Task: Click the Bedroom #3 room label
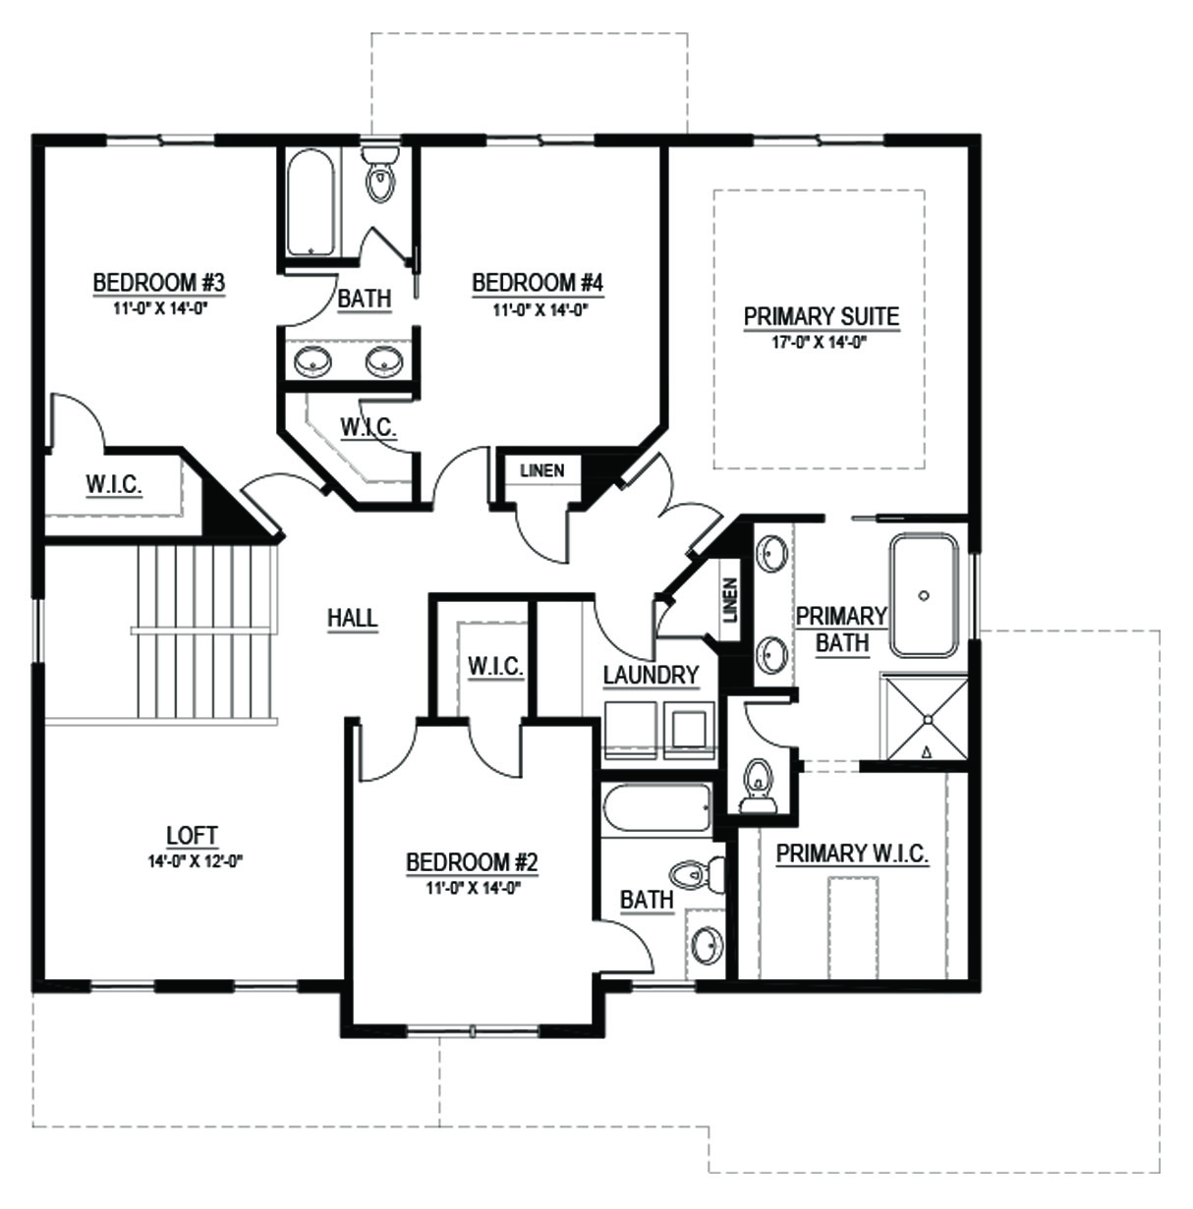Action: pyautogui.click(x=159, y=283)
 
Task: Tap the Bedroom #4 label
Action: pyautogui.click(x=538, y=283)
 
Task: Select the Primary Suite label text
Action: pyautogui.click(x=822, y=316)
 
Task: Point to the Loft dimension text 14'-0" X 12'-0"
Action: pyautogui.click(x=196, y=861)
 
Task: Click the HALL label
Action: pyautogui.click(x=353, y=619)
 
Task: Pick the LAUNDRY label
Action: pyautogui.click(x=651, y=675)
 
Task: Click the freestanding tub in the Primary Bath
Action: pyautogui.click(x=923, y=595)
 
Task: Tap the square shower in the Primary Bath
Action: pyautogui.click(x=925, y=718)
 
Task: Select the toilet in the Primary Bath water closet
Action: pyautogui.click(x=758, y=786)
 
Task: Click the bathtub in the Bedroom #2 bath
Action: pyautogui.click(x=656, y=808)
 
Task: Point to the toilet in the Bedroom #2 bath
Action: pyautogui.click(x=697, y=873)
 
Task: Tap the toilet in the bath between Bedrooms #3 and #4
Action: pyautogui.click(x=380, y=174)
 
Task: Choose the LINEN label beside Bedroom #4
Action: pyautogui.click(x=542, y=470)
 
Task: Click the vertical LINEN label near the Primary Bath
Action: pyautogui.click(x=729, y=600)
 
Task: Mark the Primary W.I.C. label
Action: pyautogui.click(x=852, y=853)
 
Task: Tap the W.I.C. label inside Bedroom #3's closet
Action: pyautogui.click(x=114, y=485)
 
